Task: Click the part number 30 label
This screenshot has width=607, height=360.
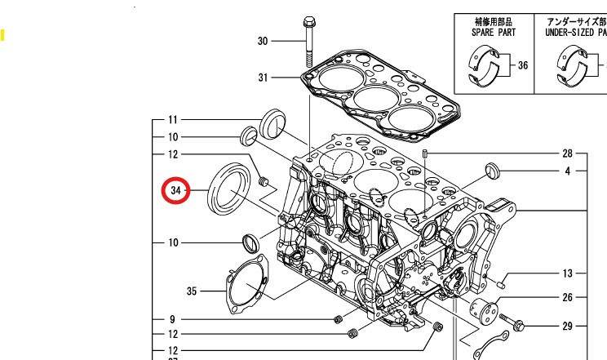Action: (263, 41)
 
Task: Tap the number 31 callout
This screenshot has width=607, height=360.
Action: (263, 78)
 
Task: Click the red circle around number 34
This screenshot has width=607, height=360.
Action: (175, 191)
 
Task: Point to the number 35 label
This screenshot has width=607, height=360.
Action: (193, 291)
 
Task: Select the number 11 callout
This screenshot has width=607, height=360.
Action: (173, 119)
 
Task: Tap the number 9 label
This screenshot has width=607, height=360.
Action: (173, 319)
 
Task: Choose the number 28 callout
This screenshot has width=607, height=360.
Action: (567, 153)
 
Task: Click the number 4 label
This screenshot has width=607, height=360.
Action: (567, 171)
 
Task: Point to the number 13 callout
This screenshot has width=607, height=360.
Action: (567, 273)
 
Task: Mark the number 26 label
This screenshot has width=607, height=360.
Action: (567, 298)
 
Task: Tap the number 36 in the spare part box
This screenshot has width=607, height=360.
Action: (522, 65)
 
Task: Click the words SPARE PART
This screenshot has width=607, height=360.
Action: (494, 33)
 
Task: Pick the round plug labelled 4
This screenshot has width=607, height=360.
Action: (491, 171)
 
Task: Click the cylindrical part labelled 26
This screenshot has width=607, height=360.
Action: (485, 310)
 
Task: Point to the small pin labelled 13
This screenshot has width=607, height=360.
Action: (503, 284)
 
